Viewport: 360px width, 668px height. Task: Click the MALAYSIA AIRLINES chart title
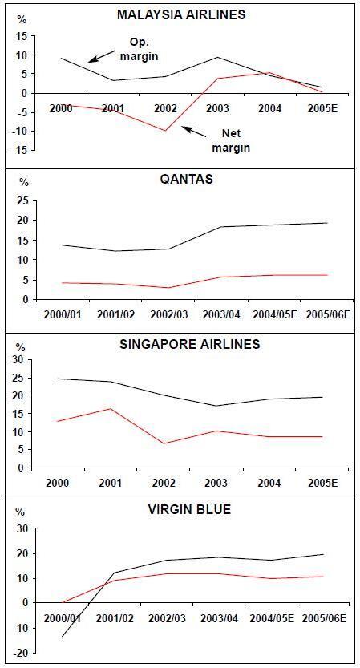click(x=181, y=14)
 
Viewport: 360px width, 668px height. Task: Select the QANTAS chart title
click(x=186, y=179)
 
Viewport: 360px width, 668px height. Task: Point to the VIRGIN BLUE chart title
click(x=189, y=509)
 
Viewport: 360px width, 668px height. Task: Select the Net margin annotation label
click(x=232, y=140)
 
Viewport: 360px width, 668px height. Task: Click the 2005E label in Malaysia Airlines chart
click(x=322, y=107)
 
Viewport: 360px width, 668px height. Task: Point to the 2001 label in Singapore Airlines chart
click(x=110, y=483)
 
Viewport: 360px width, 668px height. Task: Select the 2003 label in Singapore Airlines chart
click(x=216, y=483)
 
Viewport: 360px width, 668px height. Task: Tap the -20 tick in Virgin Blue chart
click(x=22, y=653)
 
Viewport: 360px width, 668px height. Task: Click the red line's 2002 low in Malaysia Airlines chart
click(x=165, y=131)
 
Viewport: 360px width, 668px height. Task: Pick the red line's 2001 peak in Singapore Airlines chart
click(x=111, y=408)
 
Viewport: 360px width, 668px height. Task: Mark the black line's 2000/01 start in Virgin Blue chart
click(x=63, y=637)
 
